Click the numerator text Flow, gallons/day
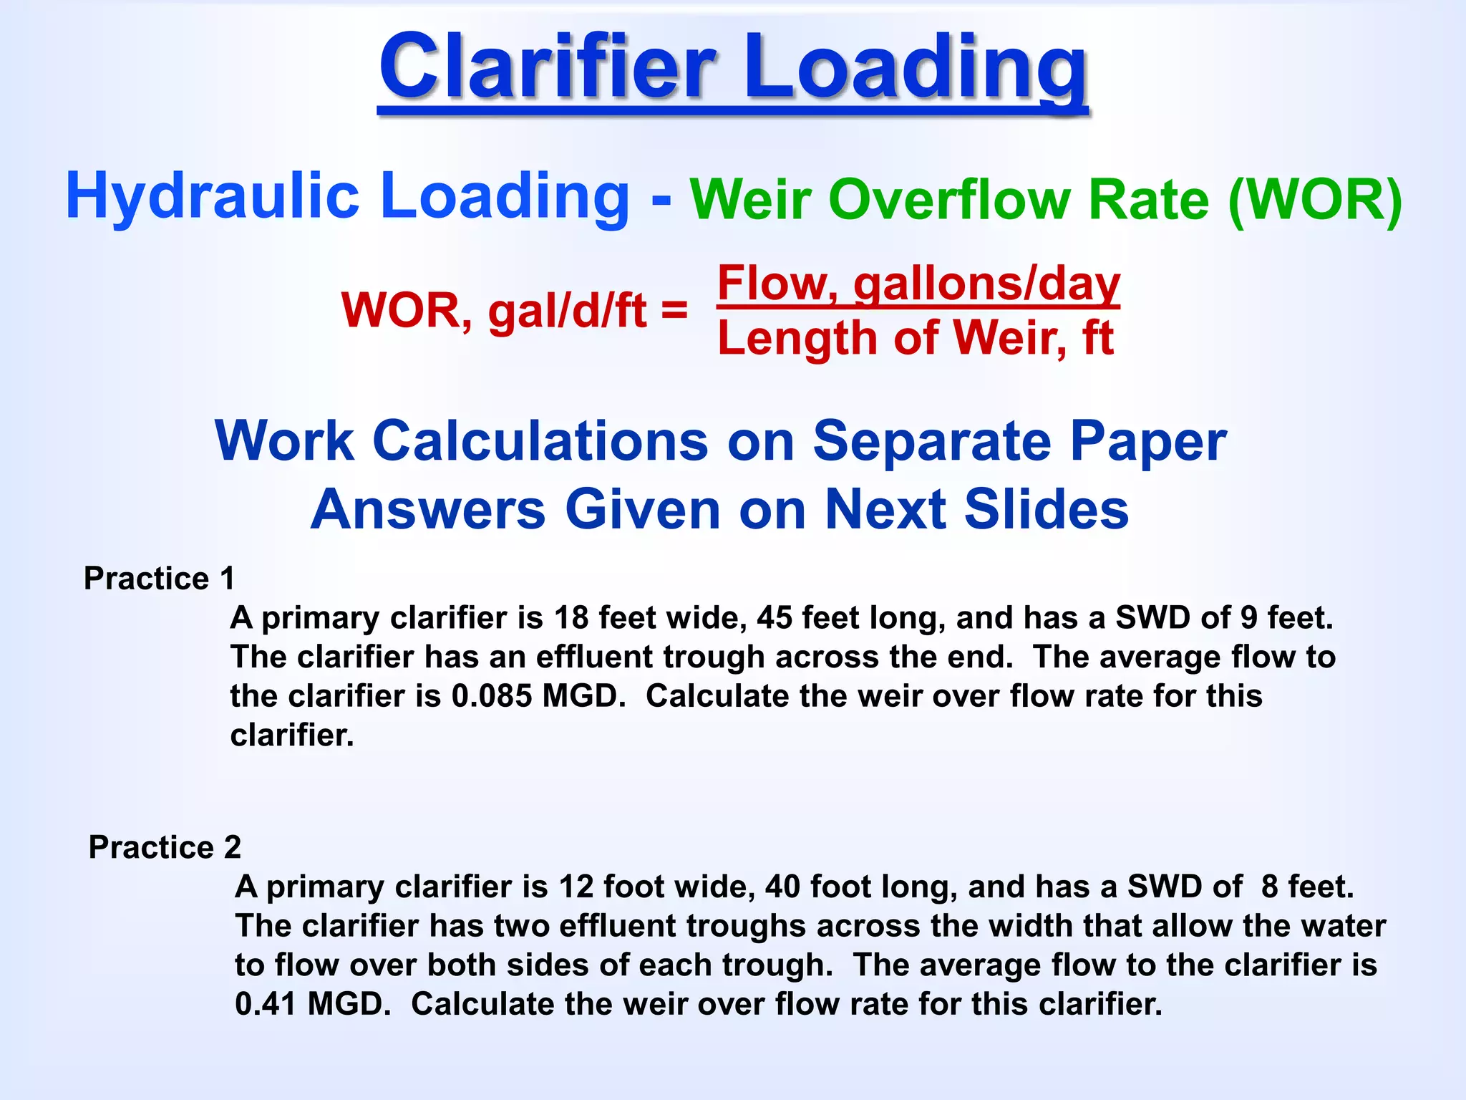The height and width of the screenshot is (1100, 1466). point(918,284)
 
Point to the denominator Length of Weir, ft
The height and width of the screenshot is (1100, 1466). point(916,338)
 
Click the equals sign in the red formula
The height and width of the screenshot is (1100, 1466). point(674,311)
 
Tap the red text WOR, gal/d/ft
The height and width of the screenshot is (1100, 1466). point(494,311)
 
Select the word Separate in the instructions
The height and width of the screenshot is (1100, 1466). point(931,441)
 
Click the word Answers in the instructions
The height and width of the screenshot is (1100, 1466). point(427,509)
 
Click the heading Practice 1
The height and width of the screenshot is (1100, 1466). point(159,578)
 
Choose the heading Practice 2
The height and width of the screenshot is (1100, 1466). point(165,847)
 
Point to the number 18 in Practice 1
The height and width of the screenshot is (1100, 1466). point(571,617)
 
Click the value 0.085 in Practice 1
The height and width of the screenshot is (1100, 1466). point(491,696)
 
